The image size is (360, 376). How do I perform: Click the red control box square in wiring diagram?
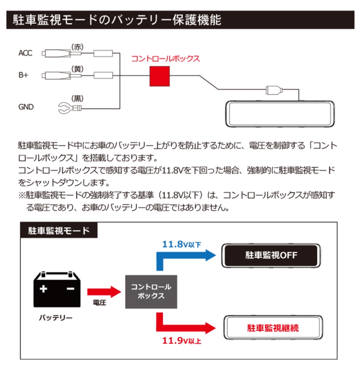coord(160,76)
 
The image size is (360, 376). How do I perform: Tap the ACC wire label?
coord(25,53)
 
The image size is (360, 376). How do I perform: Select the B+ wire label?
coord(24,75)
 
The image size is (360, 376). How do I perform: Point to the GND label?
coord(26,107)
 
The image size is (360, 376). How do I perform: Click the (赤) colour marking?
coord(78,47)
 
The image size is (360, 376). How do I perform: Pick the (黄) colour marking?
coord(78,69)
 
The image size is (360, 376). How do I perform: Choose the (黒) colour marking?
coord(78,98)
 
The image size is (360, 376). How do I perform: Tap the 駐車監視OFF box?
coord(271,255)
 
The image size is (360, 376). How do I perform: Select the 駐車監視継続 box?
coord(273,327)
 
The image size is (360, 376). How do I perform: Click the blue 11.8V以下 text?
coord(181,244)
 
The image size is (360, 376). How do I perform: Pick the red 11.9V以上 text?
coord(182,340)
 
